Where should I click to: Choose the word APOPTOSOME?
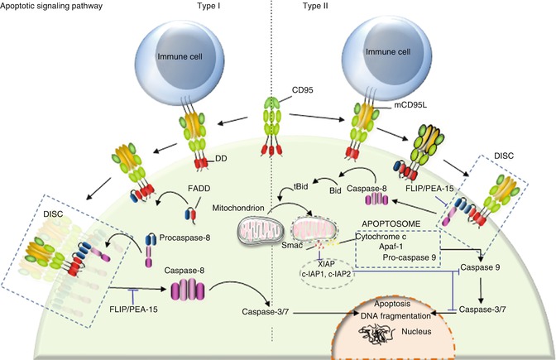click(x=386, y=223)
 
